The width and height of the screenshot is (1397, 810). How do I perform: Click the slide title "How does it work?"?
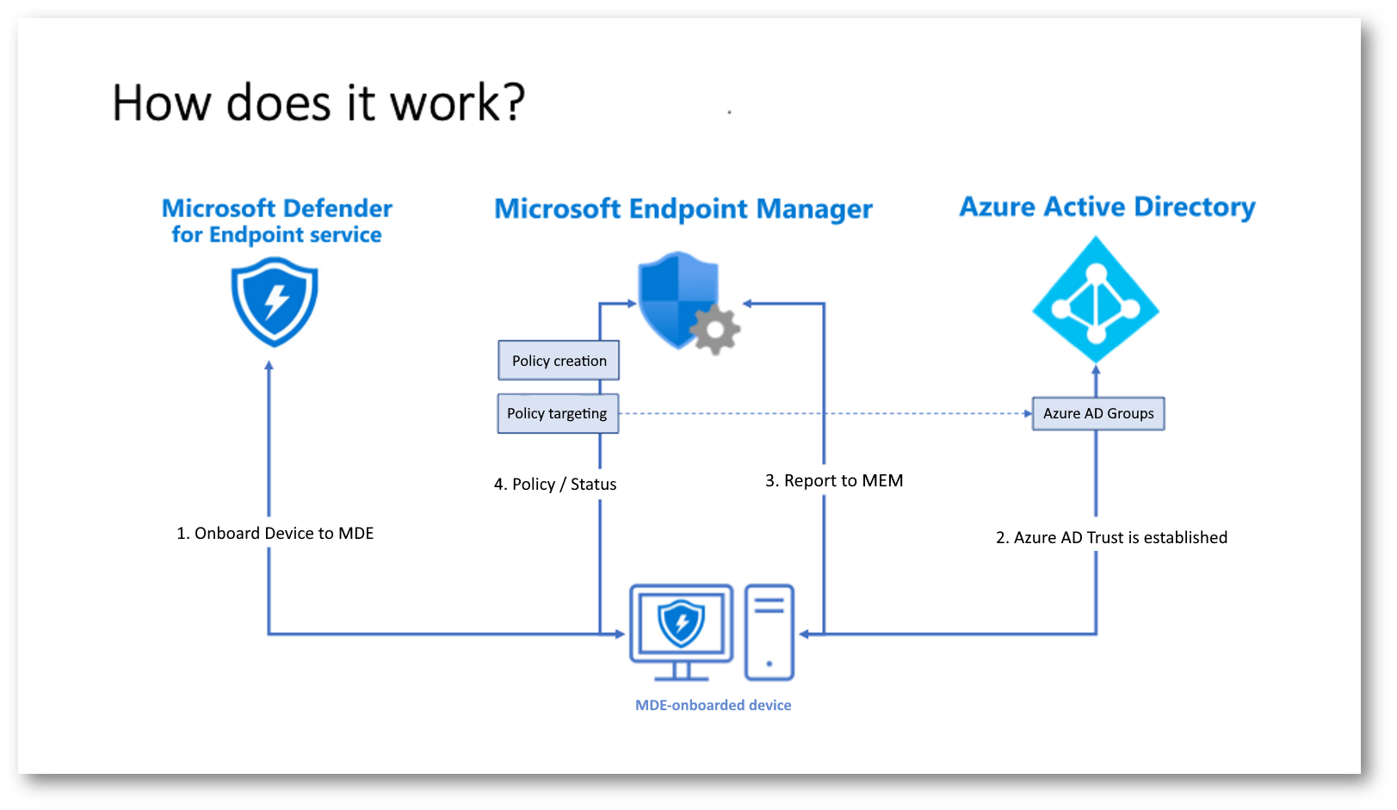tap(318, 103)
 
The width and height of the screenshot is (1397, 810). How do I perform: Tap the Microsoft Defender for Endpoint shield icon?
tap(275, 302)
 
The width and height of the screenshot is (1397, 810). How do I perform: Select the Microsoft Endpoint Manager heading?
tap(683, 209)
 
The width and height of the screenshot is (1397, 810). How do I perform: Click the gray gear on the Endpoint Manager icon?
tap(714, 329)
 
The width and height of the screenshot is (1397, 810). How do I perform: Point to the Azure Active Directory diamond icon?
tap(1096, 300)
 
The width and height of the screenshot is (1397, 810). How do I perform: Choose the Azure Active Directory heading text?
tap(1107, 207)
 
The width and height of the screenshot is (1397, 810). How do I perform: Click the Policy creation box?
tap(559, 361)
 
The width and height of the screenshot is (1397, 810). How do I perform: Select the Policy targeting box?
tap(558, 413)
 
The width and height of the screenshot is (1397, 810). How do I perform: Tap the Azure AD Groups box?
tap(1098, 413)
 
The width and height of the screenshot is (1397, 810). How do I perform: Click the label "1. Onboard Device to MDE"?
tap(275, 534)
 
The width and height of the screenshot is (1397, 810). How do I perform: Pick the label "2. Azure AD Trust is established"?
tap(1111, 537)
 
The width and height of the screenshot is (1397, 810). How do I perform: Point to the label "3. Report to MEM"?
tap(834, 481)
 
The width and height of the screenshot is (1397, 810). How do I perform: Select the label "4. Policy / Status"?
tap(555, 485)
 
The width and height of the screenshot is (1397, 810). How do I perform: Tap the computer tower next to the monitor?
tap(769, 633)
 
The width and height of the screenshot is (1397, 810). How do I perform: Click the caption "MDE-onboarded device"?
tap(713, 705)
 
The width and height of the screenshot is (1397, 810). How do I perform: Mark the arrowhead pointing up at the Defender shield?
tap(269, 366)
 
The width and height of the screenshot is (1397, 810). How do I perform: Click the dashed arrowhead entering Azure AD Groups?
tap(1028, 413)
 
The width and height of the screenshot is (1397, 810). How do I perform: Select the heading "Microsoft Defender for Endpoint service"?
tap(277, 220)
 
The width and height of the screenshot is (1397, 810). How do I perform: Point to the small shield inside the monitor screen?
tap(681, 622)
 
